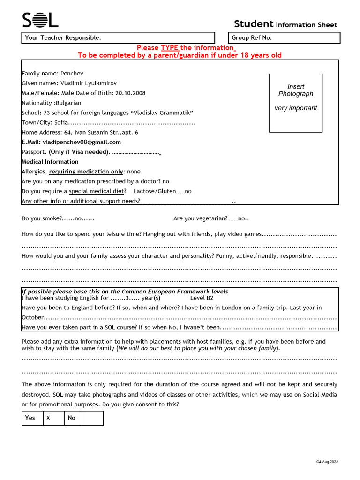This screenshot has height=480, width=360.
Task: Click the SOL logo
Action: coord(40,20)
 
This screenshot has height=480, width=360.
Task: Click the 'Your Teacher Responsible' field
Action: coord(118,38)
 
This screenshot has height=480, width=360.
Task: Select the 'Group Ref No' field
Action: coord(285,38)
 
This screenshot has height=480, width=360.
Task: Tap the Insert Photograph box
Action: coord(295,103)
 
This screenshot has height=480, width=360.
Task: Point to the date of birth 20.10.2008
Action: coord(130,93)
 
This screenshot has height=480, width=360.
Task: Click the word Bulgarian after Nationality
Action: coord(68,103)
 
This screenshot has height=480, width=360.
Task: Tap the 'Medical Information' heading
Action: coord(50,162)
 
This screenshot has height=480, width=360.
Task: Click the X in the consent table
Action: coord(48,418)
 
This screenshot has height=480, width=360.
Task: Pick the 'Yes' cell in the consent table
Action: coord(30,418)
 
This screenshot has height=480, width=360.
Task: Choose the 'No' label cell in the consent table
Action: coord(72,418)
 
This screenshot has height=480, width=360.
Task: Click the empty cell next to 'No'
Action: coord(92,418)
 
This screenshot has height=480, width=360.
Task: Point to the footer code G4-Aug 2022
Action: coord(327,462)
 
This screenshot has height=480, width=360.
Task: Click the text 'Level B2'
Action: coord(202,298)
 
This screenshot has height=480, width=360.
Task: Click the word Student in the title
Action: coord(254,24)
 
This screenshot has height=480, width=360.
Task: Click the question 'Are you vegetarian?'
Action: coord(200,218)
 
